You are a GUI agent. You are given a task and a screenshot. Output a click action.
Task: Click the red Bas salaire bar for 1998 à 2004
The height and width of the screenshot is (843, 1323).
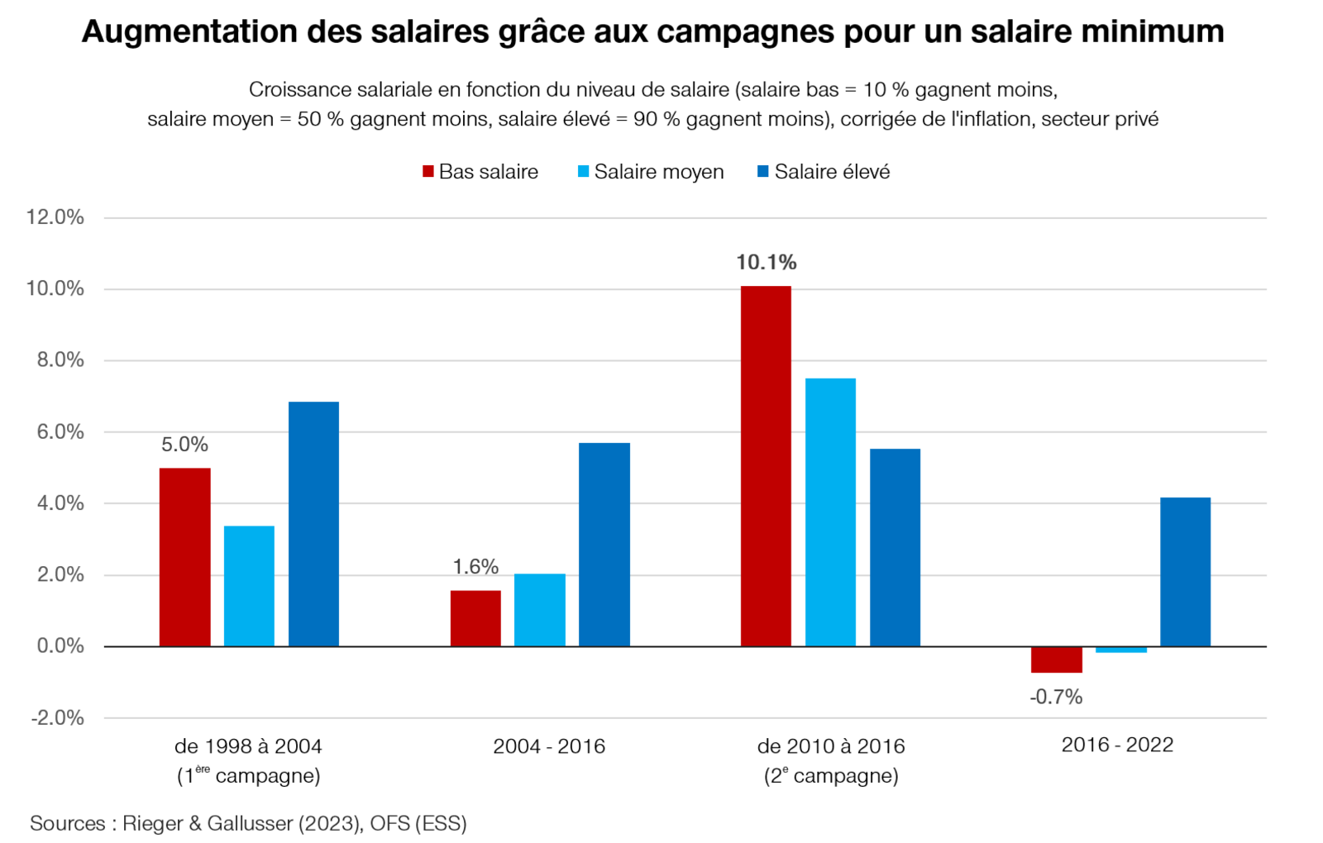click(184, 557)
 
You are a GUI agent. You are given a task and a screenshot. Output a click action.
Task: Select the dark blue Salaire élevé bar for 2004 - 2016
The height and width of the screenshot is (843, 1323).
click(604, 545)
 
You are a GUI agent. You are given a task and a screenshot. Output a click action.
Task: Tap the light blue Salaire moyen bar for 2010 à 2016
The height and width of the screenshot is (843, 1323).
click(830, 512)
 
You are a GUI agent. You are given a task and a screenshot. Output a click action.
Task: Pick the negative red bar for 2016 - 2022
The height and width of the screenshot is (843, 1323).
click(1056, 660)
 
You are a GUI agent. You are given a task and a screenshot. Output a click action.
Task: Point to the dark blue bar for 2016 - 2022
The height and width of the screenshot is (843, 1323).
click(1185, 572)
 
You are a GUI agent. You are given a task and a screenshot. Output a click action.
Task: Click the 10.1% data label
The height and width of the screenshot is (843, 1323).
click(766, 263)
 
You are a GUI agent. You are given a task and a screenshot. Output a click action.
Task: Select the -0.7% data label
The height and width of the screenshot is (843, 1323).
click(1056, 697)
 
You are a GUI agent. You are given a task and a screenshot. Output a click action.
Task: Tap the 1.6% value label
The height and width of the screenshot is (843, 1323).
click(475, 567)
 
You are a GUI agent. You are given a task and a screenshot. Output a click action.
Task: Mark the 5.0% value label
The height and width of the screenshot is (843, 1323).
click(184, 445)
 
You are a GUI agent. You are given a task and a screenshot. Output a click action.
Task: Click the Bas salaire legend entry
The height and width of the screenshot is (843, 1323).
click(480, 172)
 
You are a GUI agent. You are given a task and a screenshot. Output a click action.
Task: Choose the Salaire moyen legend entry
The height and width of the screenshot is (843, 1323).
click(651, 172)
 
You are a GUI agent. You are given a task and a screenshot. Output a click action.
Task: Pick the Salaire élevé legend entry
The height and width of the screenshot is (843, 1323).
click(824, 172)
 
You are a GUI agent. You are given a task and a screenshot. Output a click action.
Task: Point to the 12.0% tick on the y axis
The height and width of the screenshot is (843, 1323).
click(55, 217)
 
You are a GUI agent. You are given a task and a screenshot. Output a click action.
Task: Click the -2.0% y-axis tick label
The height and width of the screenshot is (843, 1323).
click(58, 717)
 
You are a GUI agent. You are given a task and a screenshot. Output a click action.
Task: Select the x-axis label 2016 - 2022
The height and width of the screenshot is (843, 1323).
click(1117, 745)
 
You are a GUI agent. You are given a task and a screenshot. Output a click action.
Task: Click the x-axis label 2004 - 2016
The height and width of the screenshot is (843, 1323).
click(549, 746)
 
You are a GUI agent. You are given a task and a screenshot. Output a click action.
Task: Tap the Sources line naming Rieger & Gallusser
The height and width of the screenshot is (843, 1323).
click(248, 823)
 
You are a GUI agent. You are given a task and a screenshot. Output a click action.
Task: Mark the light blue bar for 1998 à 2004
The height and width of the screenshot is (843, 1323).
click(249, 586)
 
